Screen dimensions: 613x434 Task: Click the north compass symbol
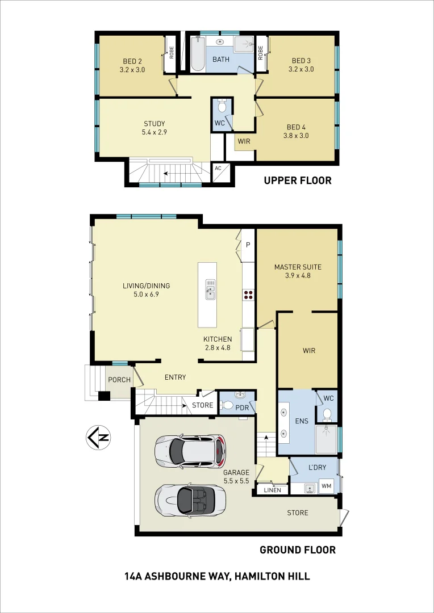point(98,438)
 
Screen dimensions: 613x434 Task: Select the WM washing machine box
point(326,486)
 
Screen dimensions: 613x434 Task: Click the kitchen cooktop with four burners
point(248,294)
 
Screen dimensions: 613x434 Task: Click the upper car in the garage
point(190,451)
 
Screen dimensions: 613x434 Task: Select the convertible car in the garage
point(190,499)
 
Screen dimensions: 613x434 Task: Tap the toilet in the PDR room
point(228,405)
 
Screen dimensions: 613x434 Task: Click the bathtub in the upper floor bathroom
point(197,54)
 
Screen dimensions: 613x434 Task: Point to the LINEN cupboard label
point(272,490)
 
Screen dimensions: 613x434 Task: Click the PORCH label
point(119,380)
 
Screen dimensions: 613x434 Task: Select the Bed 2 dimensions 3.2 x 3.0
point(132,70)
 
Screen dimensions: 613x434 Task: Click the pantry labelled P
point(248,245)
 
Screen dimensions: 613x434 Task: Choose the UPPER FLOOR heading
point(297,180)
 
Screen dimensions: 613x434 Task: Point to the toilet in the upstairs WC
point(222,107)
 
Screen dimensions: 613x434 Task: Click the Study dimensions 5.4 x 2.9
point(154,132)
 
